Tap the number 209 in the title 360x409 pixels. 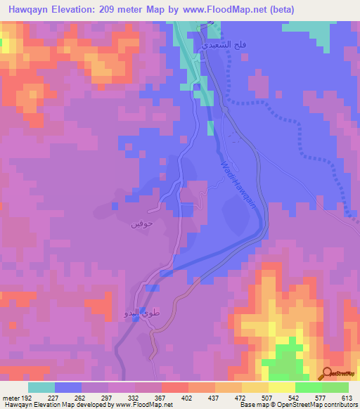(116, 10)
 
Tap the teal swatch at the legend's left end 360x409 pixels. (41, 387)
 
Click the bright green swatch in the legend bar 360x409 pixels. (309, 387)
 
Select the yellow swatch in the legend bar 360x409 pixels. (282, 387)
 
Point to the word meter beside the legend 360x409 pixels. (11, 398)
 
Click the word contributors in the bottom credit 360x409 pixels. (340, 405)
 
